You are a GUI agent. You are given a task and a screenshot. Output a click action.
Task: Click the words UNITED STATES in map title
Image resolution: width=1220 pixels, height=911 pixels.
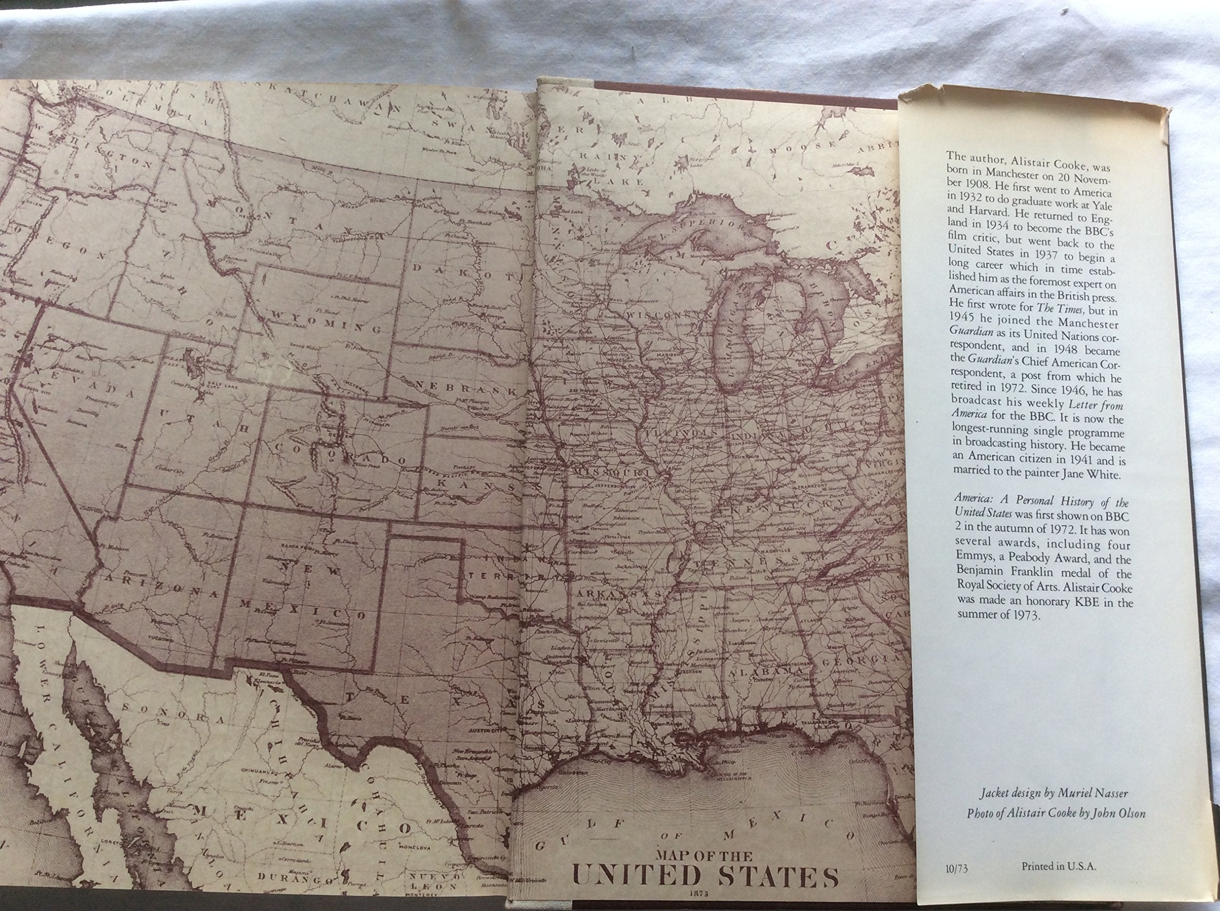tap(705, 877)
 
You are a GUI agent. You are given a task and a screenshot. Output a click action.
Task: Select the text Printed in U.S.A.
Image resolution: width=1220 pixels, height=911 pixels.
tap(1059, 866)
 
